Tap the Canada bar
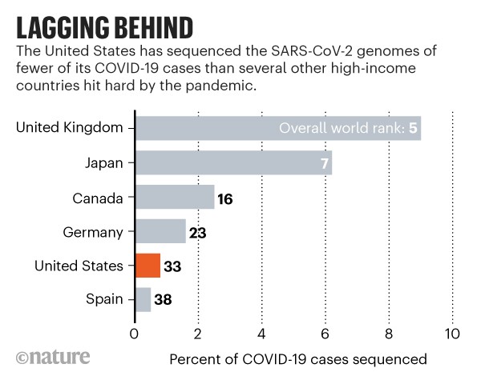point(175,197)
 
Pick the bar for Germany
point(160,231)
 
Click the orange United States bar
point(148,265)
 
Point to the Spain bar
point(143,299)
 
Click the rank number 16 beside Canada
point(224,197)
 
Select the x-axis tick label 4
point(261,332)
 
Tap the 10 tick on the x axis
point(453,332)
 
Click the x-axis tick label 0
point(134,332)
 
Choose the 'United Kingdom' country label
point(71,128)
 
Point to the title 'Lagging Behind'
point(104,28)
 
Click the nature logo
point(53,356)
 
